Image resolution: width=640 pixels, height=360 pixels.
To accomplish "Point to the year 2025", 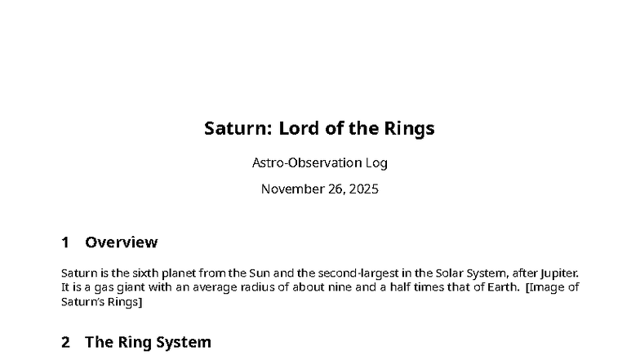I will [362, 189].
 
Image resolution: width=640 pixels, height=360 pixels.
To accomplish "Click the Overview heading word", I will [121, 242].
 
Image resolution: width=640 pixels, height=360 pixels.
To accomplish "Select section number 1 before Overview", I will [65, 242].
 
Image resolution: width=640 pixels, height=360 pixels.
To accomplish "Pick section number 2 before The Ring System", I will [65, 343].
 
